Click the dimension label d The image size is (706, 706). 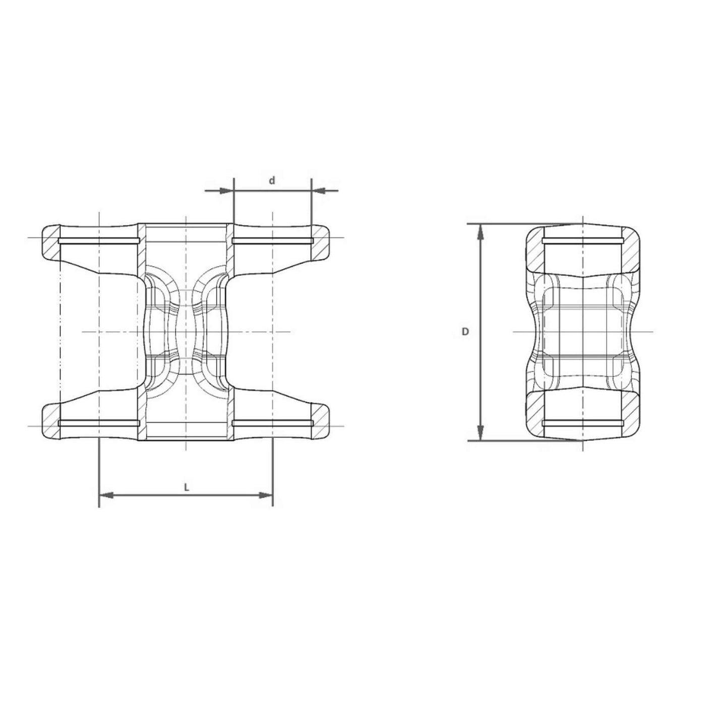point(272,181)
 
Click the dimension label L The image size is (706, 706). point(186,487)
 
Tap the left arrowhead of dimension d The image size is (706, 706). point(226,191)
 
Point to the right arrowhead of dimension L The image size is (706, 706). point(266,496)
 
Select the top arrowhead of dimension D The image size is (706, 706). point(482,231)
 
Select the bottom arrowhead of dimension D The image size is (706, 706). point(482,433)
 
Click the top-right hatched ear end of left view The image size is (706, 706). point(321,243)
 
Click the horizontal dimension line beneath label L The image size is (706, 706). point(151,496)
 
